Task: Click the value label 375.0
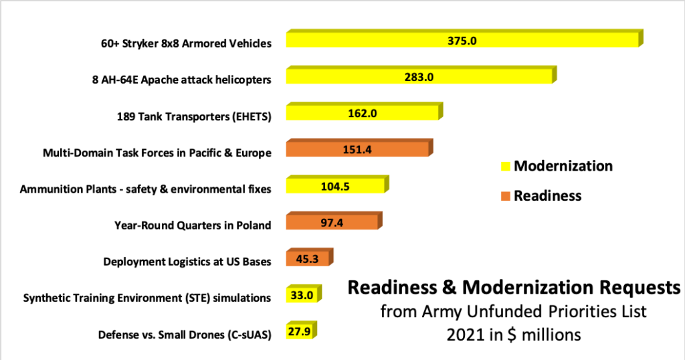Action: point(462,41)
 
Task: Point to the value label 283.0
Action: point(419,77)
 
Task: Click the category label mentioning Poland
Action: point(193,226)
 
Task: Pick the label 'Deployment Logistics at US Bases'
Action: point(187,262)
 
